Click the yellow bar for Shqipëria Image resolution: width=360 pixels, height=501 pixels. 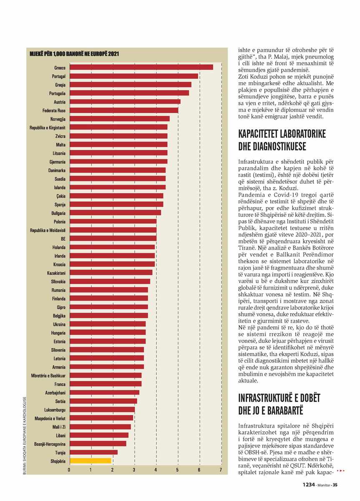point(90,461)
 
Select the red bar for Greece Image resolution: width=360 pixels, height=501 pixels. point(141,67)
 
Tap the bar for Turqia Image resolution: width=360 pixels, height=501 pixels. point(93,453)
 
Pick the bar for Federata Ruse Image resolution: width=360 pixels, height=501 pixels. point(124,110)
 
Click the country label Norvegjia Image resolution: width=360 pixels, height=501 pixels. point(58,119)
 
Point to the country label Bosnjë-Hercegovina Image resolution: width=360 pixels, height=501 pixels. point(50,444)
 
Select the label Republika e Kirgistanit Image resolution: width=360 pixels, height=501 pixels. point(48,128)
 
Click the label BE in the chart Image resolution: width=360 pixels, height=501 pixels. point(63,239)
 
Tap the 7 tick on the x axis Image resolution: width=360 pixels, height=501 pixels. point(221,469)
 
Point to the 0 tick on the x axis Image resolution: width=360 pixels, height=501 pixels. point(69,469)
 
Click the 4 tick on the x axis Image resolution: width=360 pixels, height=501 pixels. point(156,469)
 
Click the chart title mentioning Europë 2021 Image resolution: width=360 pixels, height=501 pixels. point(74,54)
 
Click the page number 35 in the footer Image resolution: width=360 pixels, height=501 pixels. point(335,485)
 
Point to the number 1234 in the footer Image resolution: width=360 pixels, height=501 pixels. point(309,485)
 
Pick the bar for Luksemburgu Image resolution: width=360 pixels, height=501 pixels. point(102,410)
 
